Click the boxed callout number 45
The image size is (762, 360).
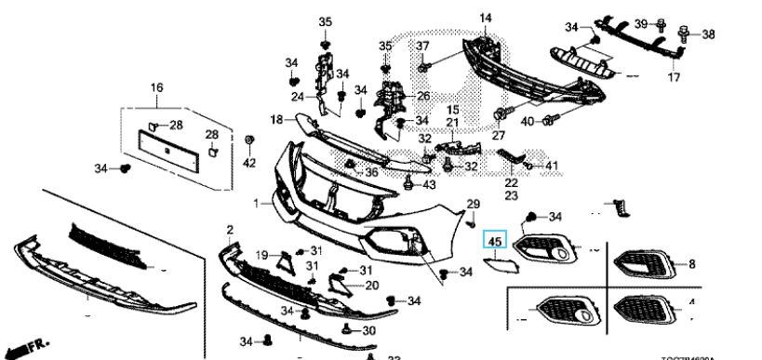494,244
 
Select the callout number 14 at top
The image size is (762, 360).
485,18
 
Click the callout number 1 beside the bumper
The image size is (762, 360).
255,203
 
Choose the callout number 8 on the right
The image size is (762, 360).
692,264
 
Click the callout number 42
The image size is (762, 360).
248,163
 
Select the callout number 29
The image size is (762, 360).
472,204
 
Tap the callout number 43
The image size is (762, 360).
429,185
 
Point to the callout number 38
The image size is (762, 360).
708,34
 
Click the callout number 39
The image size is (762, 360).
641,22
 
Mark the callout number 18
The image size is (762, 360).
276,119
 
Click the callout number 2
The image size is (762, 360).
229,229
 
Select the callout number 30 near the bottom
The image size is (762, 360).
369,330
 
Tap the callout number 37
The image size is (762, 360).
422,47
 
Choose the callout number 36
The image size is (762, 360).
371,172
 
